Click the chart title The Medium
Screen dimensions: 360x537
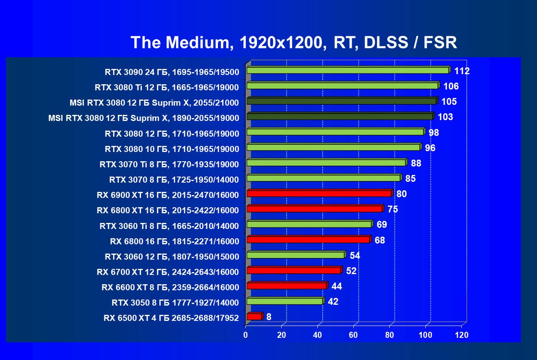click(x=294, y=42)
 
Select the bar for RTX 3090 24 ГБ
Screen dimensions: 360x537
click(x=347, y=71)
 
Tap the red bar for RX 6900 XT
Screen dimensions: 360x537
click(x=319, y=194)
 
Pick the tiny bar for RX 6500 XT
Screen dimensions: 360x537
click(x=254, y=317)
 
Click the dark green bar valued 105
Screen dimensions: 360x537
click(x=341, y=101)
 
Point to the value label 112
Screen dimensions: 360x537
click(x=462, y=71)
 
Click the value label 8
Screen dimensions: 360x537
click(x=269, y=317)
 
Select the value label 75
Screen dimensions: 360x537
click(x=393, y=209)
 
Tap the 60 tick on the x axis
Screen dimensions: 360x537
click(x=353, y=335)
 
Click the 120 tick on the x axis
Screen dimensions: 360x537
click(x=461, y=335)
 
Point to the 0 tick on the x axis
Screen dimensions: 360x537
click(x=246, y=335)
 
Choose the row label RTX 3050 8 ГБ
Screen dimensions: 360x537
click(x=175, y=302)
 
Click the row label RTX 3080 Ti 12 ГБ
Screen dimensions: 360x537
click(x=167, y=87)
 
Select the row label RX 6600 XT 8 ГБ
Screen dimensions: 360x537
click(x=170, y=287)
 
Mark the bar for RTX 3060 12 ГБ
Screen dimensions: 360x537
click(x=295, y=255)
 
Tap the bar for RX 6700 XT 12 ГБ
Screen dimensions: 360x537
click(x=294, y=271)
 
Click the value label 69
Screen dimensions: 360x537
click(x=381, y=225)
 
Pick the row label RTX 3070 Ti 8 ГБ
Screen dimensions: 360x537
click(x=169, y=164)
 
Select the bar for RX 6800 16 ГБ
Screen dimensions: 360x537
click(x=308, y=240)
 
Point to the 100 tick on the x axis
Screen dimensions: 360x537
click(x=425, y=335)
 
